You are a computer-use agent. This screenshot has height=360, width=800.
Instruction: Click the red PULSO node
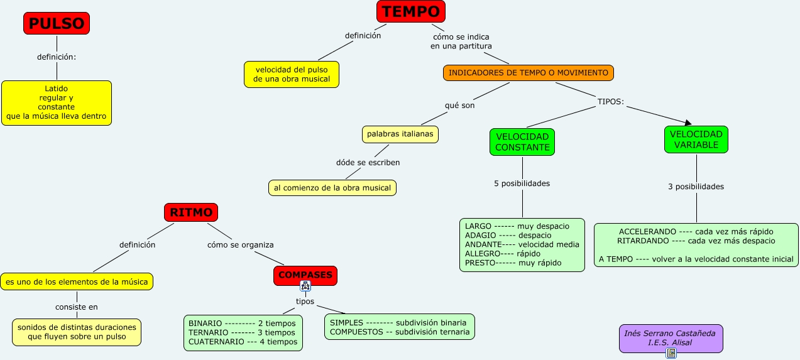[x=57, y=23]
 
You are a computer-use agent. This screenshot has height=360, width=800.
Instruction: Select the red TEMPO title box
[x=411, y=11]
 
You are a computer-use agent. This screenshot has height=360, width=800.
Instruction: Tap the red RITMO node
[x=191, y=212]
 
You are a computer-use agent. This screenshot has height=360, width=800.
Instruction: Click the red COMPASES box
[x=305, y=275]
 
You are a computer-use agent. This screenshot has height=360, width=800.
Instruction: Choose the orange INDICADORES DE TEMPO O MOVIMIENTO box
[x=529, y=73]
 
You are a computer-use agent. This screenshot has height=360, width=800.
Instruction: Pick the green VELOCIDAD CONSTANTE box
[x=522, y=142]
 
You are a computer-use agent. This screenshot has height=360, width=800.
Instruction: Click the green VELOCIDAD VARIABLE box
[x=696, y=139]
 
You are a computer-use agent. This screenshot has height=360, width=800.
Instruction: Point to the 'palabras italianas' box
[x=400, y=134]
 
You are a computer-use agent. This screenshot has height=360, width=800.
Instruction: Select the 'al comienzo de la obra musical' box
[x=332, y=188]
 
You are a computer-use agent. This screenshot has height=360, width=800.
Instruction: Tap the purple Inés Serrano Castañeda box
[x=671, y=338]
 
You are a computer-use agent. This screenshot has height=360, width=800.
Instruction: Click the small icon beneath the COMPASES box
[x=305, y=286]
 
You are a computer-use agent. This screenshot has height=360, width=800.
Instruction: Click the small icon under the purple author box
[x=671, y=353]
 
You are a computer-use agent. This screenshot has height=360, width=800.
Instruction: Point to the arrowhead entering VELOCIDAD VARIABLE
[x=689, y=123]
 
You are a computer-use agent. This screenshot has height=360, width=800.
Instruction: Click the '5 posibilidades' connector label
[x=522, y=183]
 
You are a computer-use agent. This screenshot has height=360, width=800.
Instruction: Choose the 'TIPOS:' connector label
[x=611, y=102]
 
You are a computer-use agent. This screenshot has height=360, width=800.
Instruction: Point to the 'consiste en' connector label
[x=77, y=307]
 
